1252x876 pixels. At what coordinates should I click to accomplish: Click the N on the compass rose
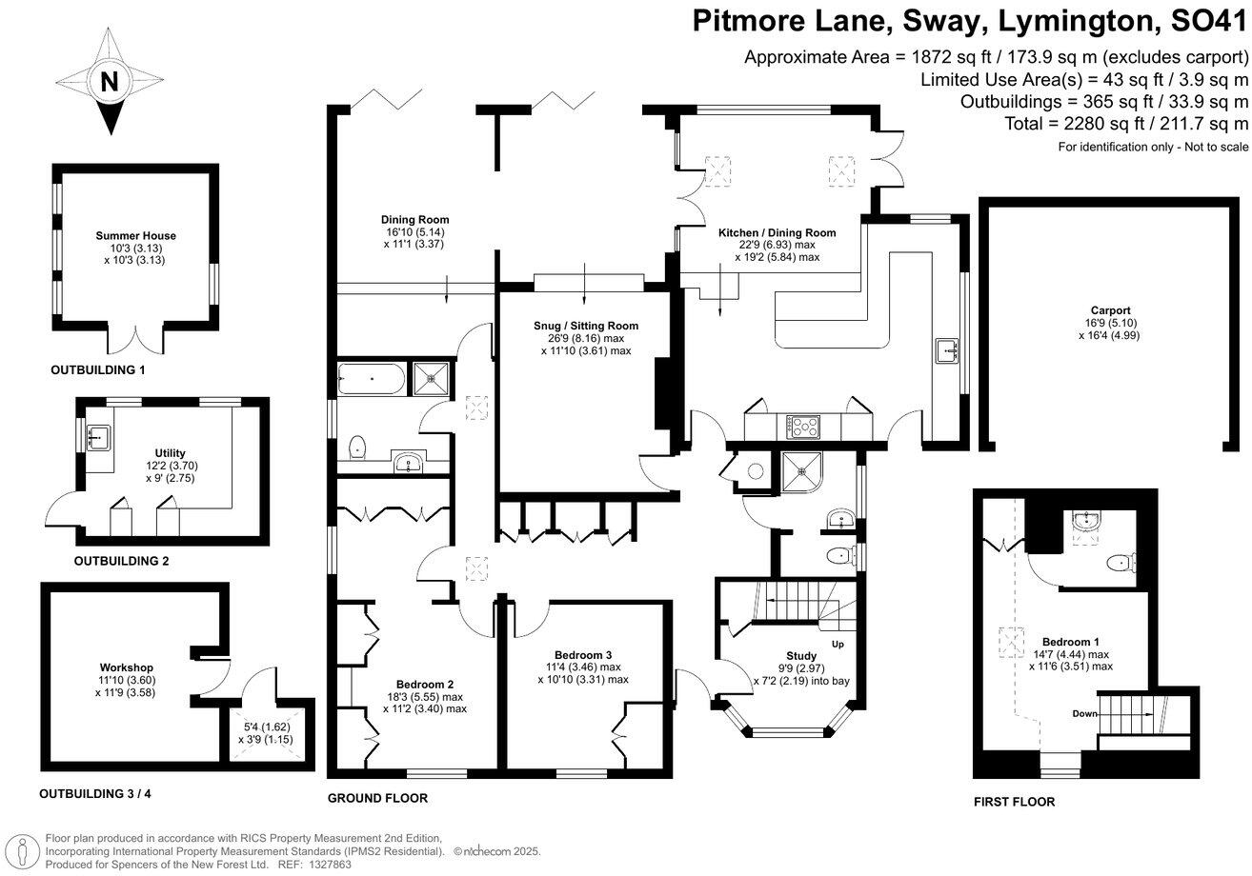(x=110, y=82)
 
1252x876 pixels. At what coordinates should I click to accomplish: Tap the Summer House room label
(x=135, y=236)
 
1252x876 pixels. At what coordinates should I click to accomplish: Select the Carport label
(x=1111, y=310)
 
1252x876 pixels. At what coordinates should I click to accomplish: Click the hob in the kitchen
(x=802, y=427)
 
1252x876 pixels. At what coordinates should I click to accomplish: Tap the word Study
(x=801, y=656)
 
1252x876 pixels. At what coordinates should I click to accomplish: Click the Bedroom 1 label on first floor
(x=1069, y=642)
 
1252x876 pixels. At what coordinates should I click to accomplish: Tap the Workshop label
(x=126, y=667)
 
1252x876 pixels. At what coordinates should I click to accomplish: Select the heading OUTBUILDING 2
(x=121, y=562)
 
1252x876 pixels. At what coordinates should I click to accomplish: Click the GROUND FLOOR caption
(x=377, y=798)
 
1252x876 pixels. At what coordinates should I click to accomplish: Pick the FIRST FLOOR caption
(x=1014, y=802)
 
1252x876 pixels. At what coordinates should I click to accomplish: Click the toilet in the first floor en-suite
(x=1124, y=562)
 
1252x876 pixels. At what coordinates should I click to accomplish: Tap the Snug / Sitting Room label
(x=585, y=326)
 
